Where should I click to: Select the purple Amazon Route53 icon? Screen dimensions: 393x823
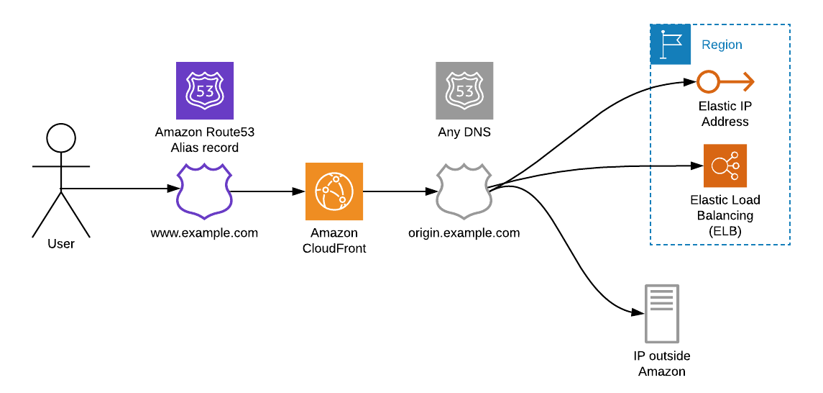(205, 91)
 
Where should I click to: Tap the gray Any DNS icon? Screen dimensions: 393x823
(464, 91)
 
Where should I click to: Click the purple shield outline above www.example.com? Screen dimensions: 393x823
(205, 191)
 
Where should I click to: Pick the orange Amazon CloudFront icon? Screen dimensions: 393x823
(334, 191)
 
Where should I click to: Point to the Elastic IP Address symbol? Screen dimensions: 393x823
(725, 83)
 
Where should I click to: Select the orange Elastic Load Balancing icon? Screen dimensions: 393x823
(725, 166)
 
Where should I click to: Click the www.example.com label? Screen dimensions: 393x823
(204, 233)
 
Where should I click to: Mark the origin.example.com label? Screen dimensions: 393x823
(464, 233)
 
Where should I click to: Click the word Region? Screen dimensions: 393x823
(722, 45)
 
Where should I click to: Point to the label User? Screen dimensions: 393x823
(61, 244)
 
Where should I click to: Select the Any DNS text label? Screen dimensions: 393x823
(464, 132)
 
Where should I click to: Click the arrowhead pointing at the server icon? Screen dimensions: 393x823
(636, 313)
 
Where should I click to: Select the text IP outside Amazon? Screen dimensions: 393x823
(661, 363)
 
